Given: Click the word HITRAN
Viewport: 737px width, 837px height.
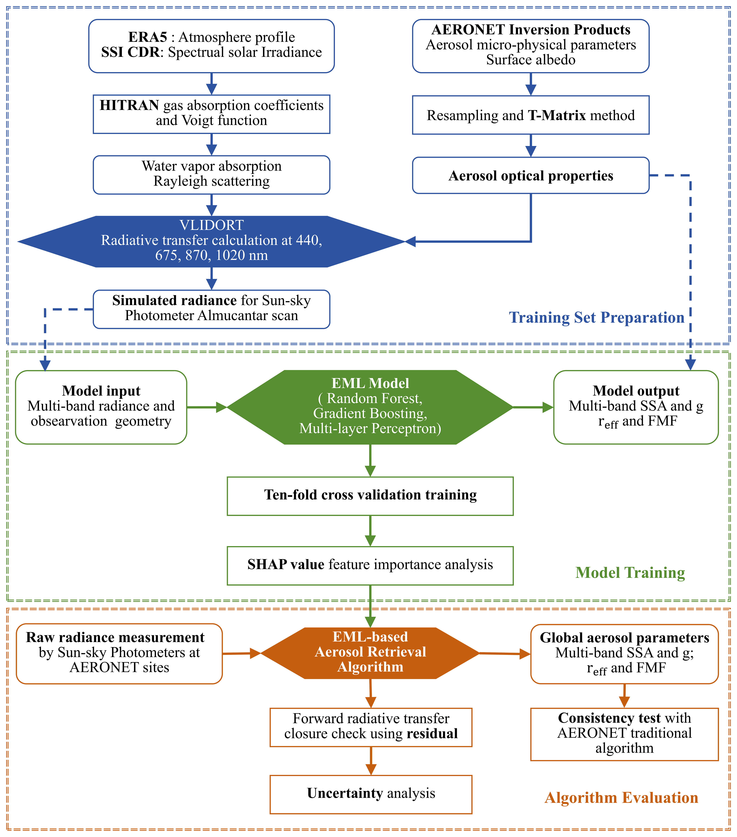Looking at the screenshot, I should tap(129, 106).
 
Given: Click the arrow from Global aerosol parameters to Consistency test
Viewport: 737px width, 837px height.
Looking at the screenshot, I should tap(624, 696).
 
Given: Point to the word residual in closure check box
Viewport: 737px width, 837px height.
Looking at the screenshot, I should tap(432, 734).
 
